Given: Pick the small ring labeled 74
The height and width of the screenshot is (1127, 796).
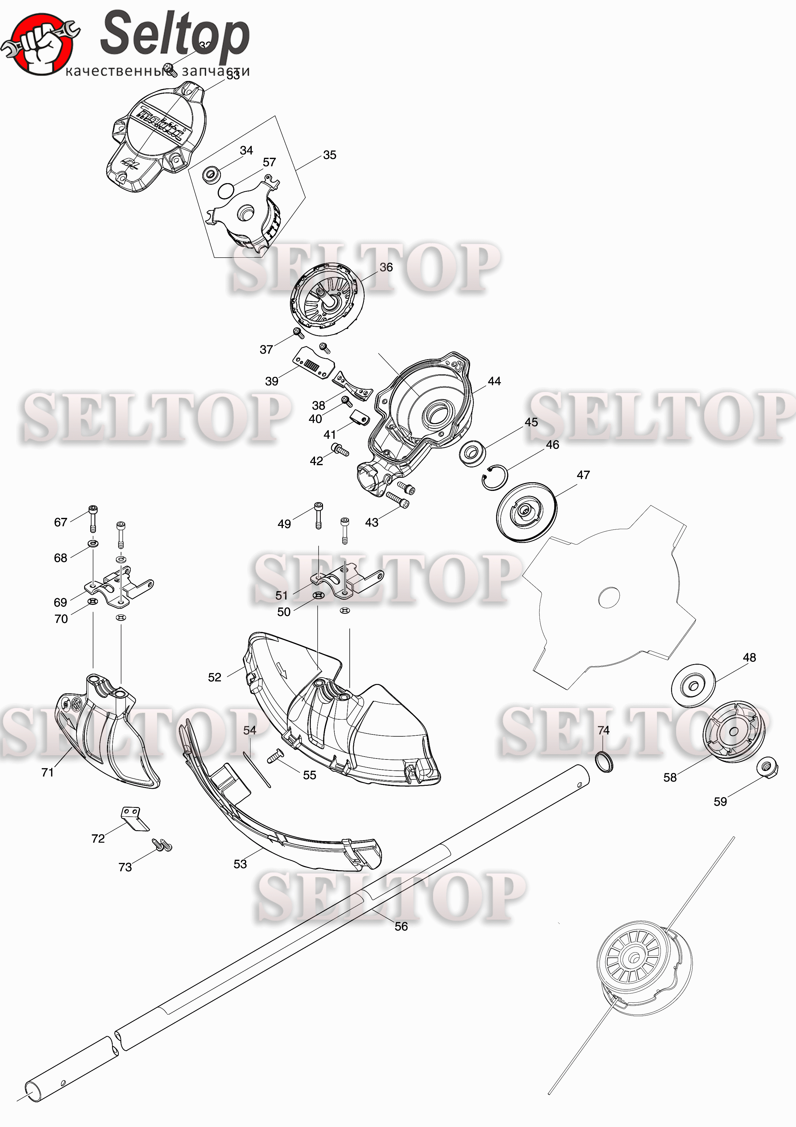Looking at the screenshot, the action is point(604,761).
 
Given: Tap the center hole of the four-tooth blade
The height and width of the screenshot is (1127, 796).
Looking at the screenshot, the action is point(609,597).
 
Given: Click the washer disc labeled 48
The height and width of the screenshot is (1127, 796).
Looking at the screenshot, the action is point(693,685).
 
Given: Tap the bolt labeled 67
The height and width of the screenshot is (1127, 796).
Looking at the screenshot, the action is point(93,518).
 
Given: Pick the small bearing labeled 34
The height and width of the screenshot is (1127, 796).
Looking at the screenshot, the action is point(211,174).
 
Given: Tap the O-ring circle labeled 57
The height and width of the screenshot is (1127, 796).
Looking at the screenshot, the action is point(226,191).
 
